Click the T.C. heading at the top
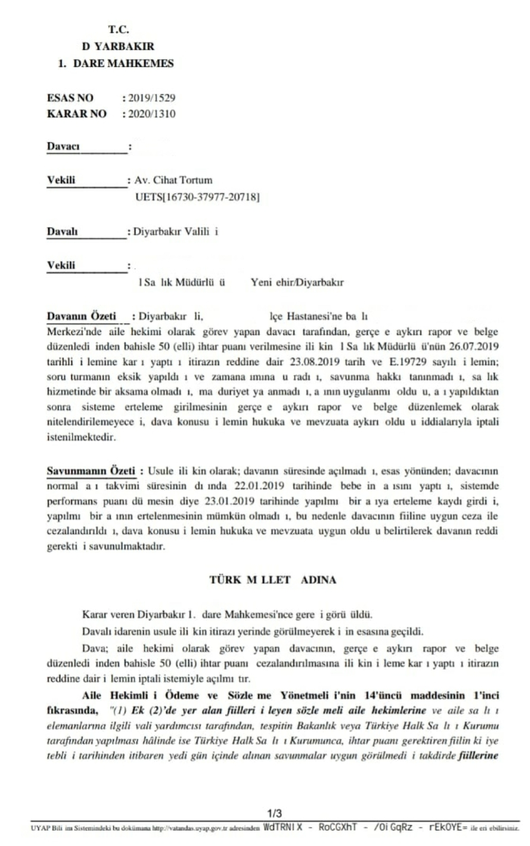[118, 30]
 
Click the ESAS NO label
[70, 98]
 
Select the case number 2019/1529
[151, 98]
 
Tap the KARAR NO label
[76, 114]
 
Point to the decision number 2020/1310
[151, 114]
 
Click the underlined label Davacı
[63, 146]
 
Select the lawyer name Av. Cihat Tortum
[173, 180]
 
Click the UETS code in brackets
[197, 197]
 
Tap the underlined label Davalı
[62, 231]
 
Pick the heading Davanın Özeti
[81, 316]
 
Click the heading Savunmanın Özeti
[90, 471]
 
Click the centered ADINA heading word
[318, 579]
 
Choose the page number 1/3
[275, 813]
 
